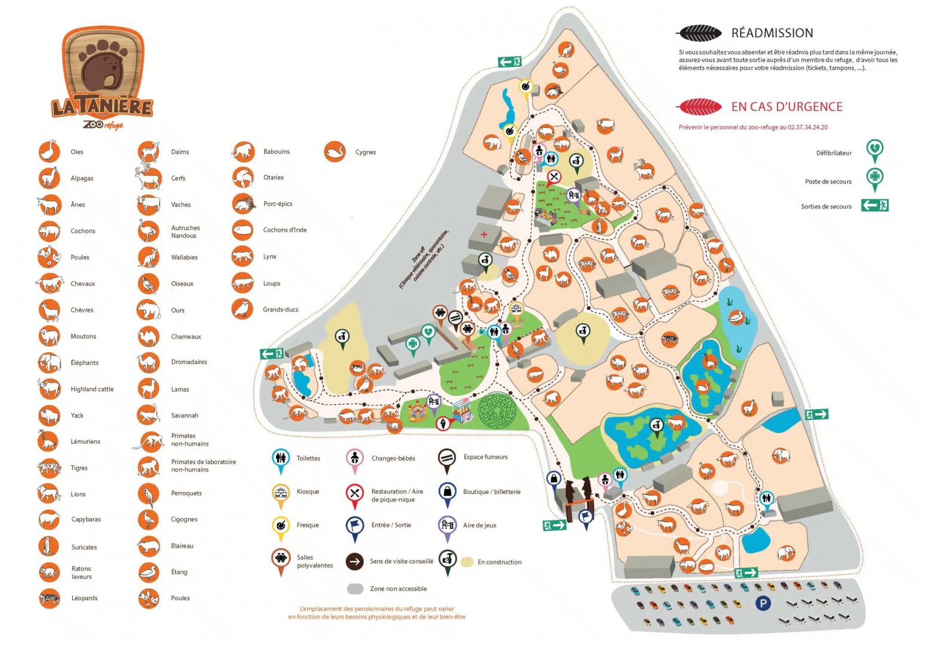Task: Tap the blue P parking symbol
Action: click(762, 603)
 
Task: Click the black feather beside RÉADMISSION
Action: click(698, 33)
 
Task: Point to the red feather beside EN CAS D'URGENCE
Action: click(698, 107)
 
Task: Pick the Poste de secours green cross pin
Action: click(875, 178)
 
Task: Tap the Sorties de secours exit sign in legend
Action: click(875, 205)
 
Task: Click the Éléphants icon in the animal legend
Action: click(50, 363)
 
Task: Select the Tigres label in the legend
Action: click(79, 468)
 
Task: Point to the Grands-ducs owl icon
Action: click(242, 309)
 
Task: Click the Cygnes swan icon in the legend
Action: click(335, 152)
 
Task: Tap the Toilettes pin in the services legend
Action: click(280, 459)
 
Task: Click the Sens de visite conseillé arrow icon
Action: click(354, 561)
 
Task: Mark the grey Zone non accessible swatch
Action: click(356, 589)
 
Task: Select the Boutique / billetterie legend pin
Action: click(447, 492)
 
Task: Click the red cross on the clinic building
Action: click(484, 234)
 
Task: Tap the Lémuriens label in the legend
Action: click(85, 442)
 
